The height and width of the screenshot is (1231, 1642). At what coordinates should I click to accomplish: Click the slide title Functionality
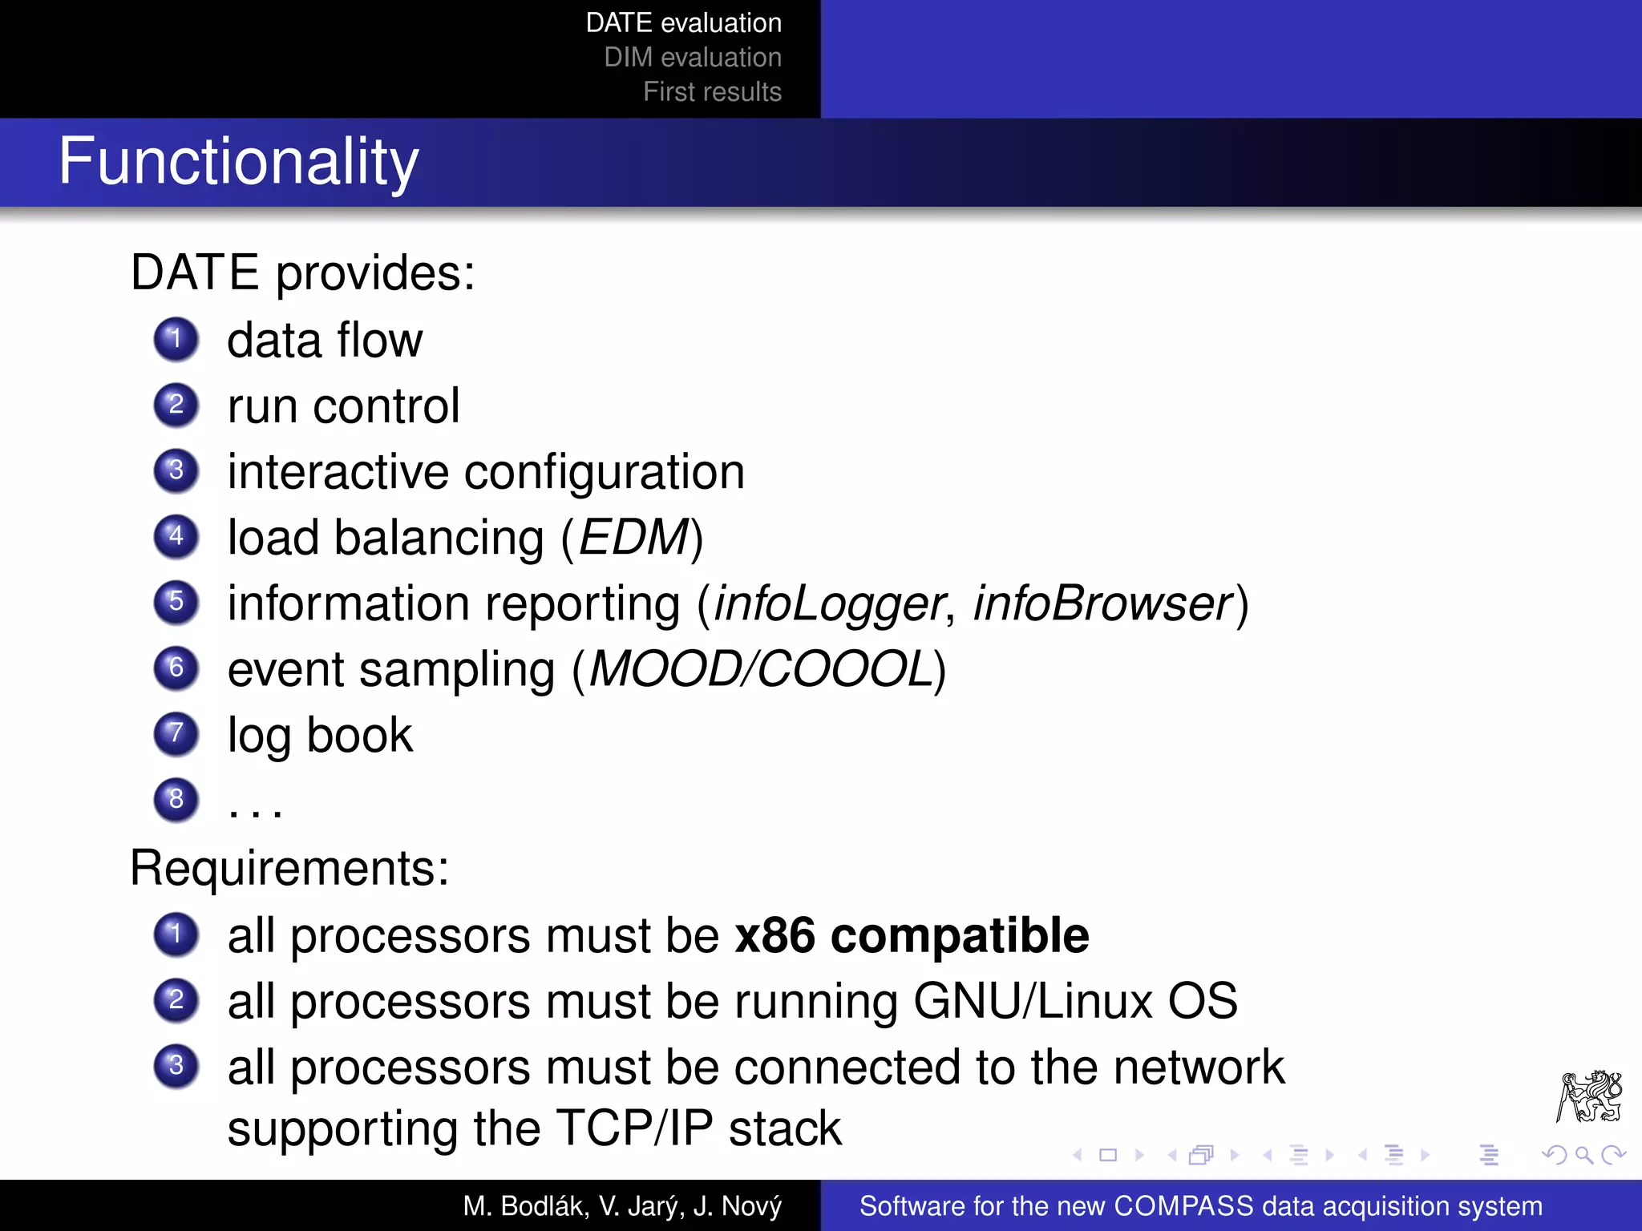[x=238, y=162]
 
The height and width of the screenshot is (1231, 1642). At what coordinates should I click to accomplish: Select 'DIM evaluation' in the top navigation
[x=692, y=58]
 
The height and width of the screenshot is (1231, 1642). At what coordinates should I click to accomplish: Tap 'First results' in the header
[x=711, y=92]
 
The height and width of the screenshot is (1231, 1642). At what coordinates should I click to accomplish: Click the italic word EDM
[x=633, y=537]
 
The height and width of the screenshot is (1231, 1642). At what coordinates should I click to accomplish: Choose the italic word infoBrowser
[x=1102, y=603]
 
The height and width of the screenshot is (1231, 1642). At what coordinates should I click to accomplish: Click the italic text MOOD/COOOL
[x=760, y=669]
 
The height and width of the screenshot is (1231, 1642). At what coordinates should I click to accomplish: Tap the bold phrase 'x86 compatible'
[x=912, y=935]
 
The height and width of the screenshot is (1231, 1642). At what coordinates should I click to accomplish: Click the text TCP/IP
[x=633, y=1128]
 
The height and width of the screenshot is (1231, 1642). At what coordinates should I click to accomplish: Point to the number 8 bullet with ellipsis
[x=176, y=799]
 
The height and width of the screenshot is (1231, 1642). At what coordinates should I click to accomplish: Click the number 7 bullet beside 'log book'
[x=176, y=733]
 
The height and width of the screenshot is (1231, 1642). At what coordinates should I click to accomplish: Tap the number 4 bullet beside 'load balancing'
[x=176, y=536]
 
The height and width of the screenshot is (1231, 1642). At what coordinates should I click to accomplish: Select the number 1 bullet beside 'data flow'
[x=176, y=339]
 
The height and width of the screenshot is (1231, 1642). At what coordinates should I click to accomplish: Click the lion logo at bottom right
[x=1589, y=1096]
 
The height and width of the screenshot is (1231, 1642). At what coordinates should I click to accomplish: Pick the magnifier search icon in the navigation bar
[x=1583, y=1155]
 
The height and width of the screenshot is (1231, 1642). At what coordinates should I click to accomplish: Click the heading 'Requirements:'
[x=289, y=868]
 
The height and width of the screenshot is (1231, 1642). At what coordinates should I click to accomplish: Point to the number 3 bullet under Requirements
[x=176, y=1066]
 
